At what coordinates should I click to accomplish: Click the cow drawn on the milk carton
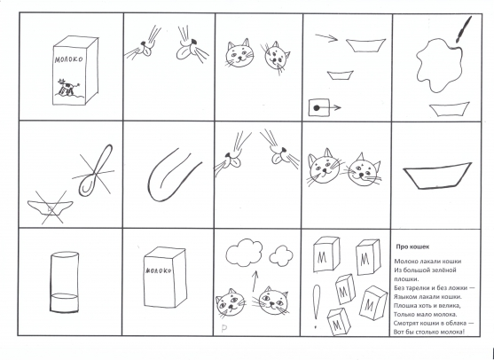67,87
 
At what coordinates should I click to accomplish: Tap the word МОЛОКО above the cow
68,59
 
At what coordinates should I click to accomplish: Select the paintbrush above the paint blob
464,29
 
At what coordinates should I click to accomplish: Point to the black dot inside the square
317,108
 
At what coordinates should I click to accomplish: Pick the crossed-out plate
50,207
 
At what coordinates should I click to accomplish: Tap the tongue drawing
173,176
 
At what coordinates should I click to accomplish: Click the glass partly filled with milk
64,282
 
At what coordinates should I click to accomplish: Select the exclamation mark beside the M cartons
317,306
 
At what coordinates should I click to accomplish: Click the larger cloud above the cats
244,253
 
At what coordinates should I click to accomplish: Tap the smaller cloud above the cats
281,255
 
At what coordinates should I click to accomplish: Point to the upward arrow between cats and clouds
255,281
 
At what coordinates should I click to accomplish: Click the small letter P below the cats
224,329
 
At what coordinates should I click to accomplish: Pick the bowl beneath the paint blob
450,109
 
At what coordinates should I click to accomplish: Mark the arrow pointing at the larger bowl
326,38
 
